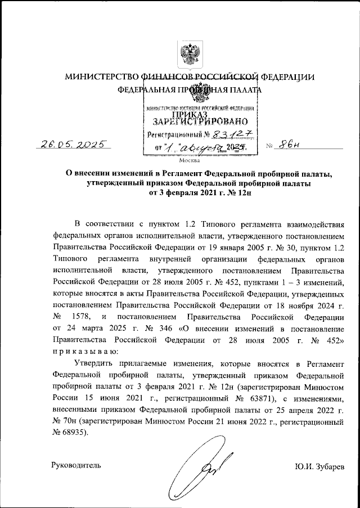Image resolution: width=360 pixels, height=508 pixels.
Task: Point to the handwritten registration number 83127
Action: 232,133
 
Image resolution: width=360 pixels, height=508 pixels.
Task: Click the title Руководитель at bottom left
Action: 76,465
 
